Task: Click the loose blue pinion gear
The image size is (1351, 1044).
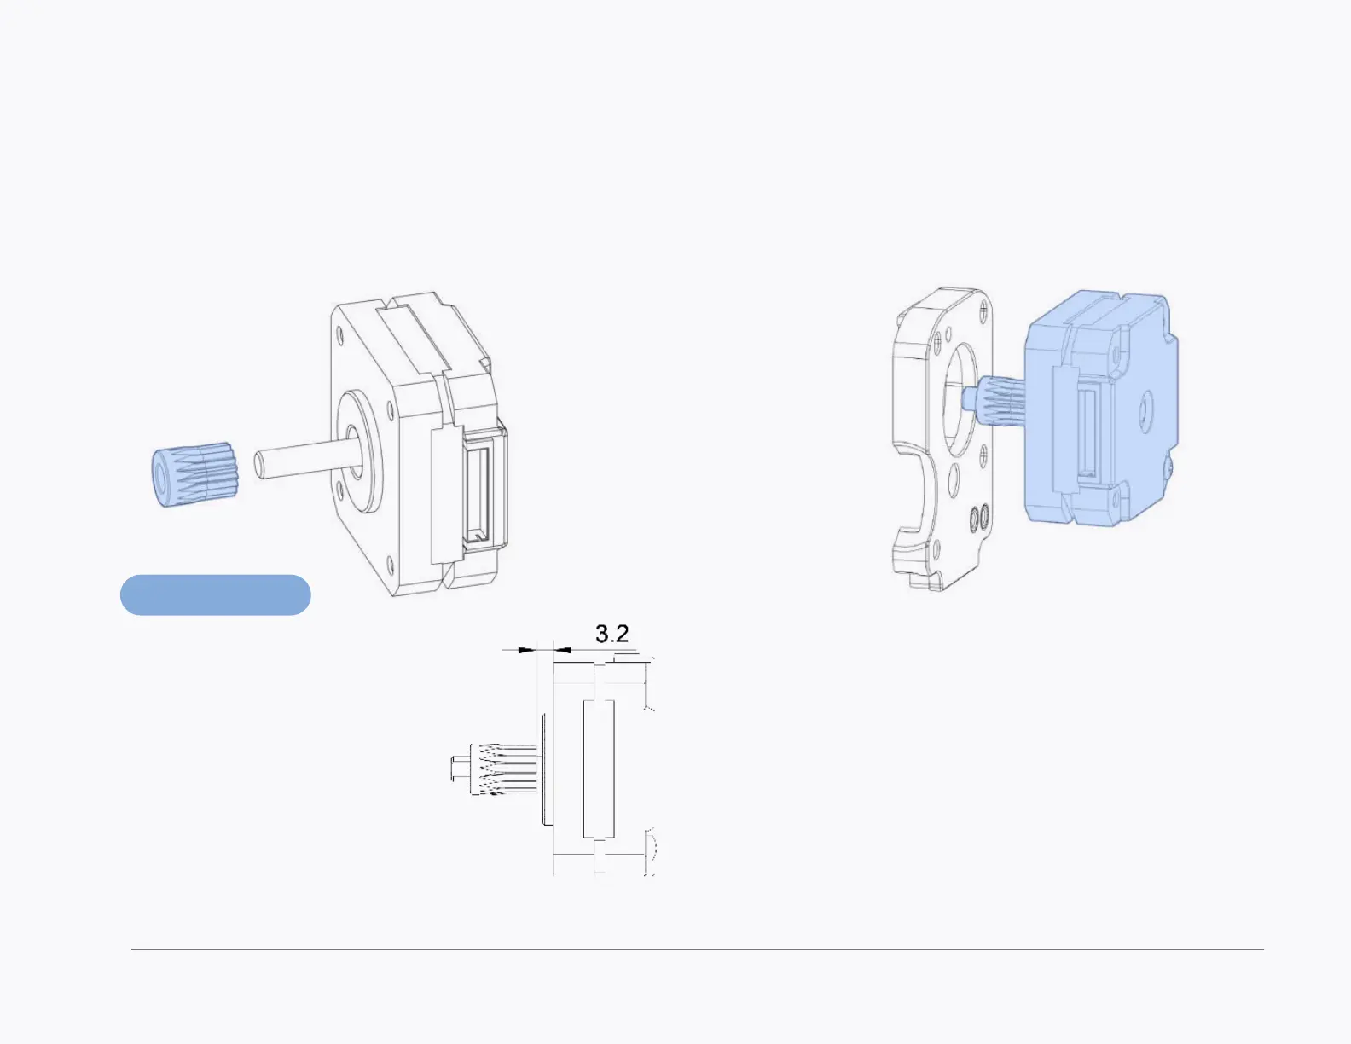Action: coord(195,474)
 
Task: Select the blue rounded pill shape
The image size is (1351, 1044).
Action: coord(215,595)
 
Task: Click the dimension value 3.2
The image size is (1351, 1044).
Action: coord(612,634)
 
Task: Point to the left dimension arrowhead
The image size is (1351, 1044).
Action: coord(526,651)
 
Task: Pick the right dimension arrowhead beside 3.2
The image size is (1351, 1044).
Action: coord(562,651)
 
